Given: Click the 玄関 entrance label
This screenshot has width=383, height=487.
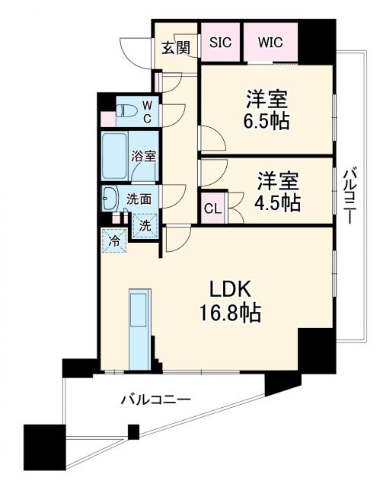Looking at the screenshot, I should coord(175,48).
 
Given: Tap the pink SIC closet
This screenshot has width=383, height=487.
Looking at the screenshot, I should coord(221,43).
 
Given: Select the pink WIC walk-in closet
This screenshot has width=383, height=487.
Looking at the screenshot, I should coord(270,43).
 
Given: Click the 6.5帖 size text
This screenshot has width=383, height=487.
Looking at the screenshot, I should coord(267,119).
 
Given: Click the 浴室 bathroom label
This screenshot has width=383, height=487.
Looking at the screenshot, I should coord(144,157).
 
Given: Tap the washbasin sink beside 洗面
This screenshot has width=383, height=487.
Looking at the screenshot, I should coord(110,199).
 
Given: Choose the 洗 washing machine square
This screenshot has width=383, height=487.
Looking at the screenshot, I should coord(145,224).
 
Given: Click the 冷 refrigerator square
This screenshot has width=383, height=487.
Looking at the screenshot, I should coord(114,241).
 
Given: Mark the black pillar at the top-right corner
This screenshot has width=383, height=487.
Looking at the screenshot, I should coord(316,43).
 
